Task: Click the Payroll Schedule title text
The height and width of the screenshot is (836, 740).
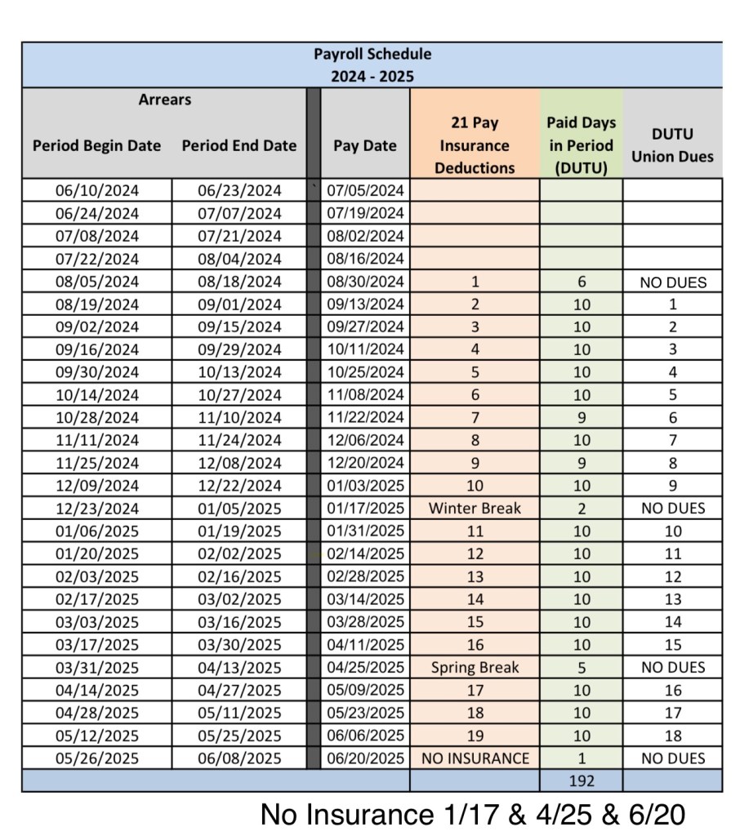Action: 372,55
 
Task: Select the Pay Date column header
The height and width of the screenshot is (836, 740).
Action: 364,146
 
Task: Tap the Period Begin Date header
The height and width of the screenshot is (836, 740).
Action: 96,146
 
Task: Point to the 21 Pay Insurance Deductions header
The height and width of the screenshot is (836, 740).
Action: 475,145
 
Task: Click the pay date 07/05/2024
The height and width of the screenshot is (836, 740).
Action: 365,191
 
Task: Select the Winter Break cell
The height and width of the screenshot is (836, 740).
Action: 475,509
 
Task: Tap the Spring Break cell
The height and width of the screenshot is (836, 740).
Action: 475,667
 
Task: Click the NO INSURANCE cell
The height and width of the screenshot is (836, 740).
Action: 475,758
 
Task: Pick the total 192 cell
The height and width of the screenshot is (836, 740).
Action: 582,780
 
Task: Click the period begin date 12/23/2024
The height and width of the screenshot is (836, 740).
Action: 96,509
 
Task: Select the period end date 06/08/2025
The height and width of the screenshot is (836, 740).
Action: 239,758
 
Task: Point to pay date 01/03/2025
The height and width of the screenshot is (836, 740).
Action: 365,486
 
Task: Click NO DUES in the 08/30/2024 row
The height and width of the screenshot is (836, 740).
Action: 672,282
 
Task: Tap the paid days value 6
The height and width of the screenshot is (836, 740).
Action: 582,282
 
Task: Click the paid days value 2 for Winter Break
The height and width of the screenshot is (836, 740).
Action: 582,509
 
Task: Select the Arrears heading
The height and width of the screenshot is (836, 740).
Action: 164,100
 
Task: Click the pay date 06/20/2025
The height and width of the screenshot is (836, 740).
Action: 365,758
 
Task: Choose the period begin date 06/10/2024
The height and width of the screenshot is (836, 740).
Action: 96,191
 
